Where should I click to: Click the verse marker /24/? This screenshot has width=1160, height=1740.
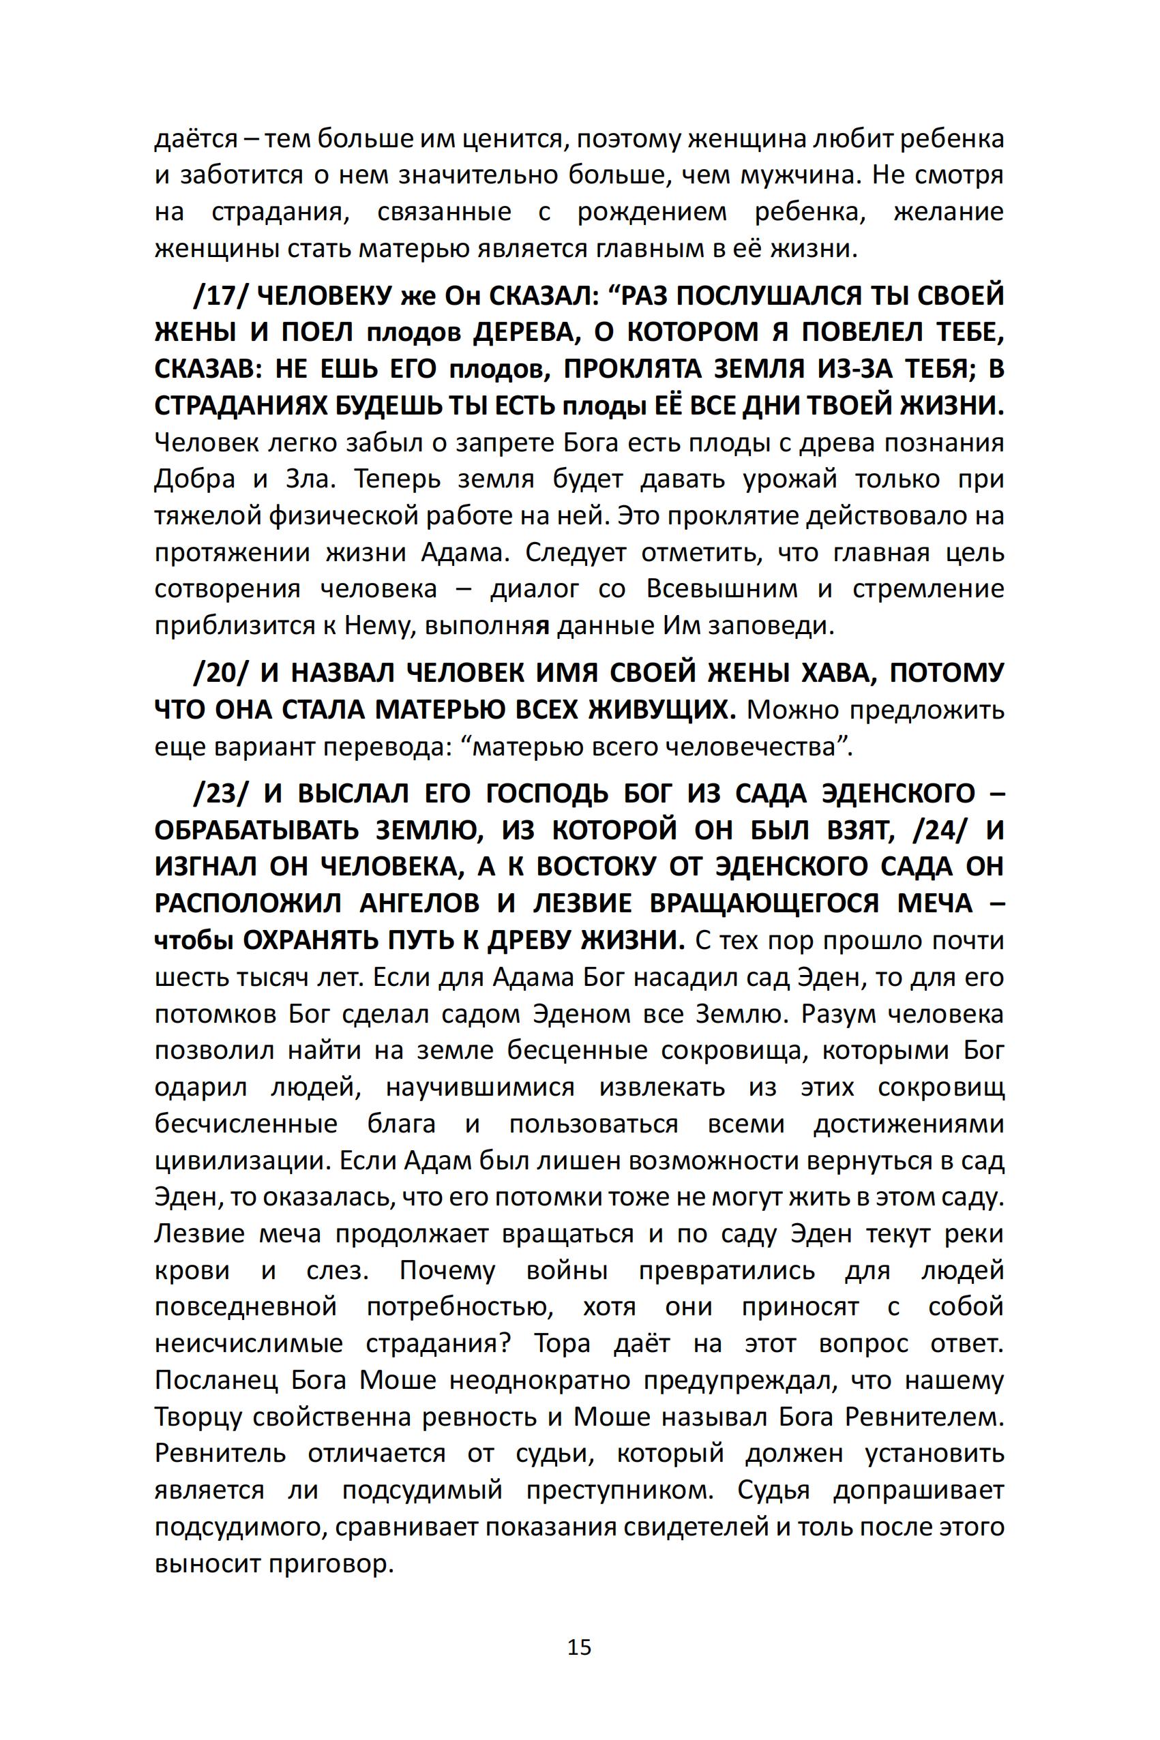(940, 830)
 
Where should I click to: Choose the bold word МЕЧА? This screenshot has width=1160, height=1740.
(935, 903)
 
